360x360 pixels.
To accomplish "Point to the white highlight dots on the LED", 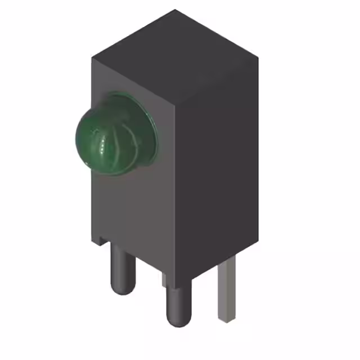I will coord(103,147).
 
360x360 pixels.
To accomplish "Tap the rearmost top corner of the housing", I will coord(174,10).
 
